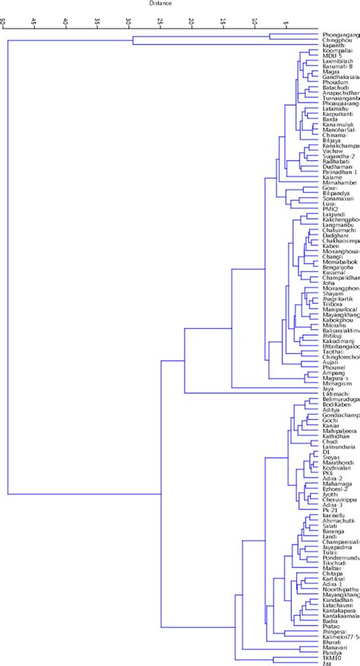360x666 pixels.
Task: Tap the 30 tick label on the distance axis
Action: click(x=128, y=20)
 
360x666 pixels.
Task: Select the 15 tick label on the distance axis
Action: click(x=222, y=20)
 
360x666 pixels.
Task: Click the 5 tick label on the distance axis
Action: click(x=285, y=20)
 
